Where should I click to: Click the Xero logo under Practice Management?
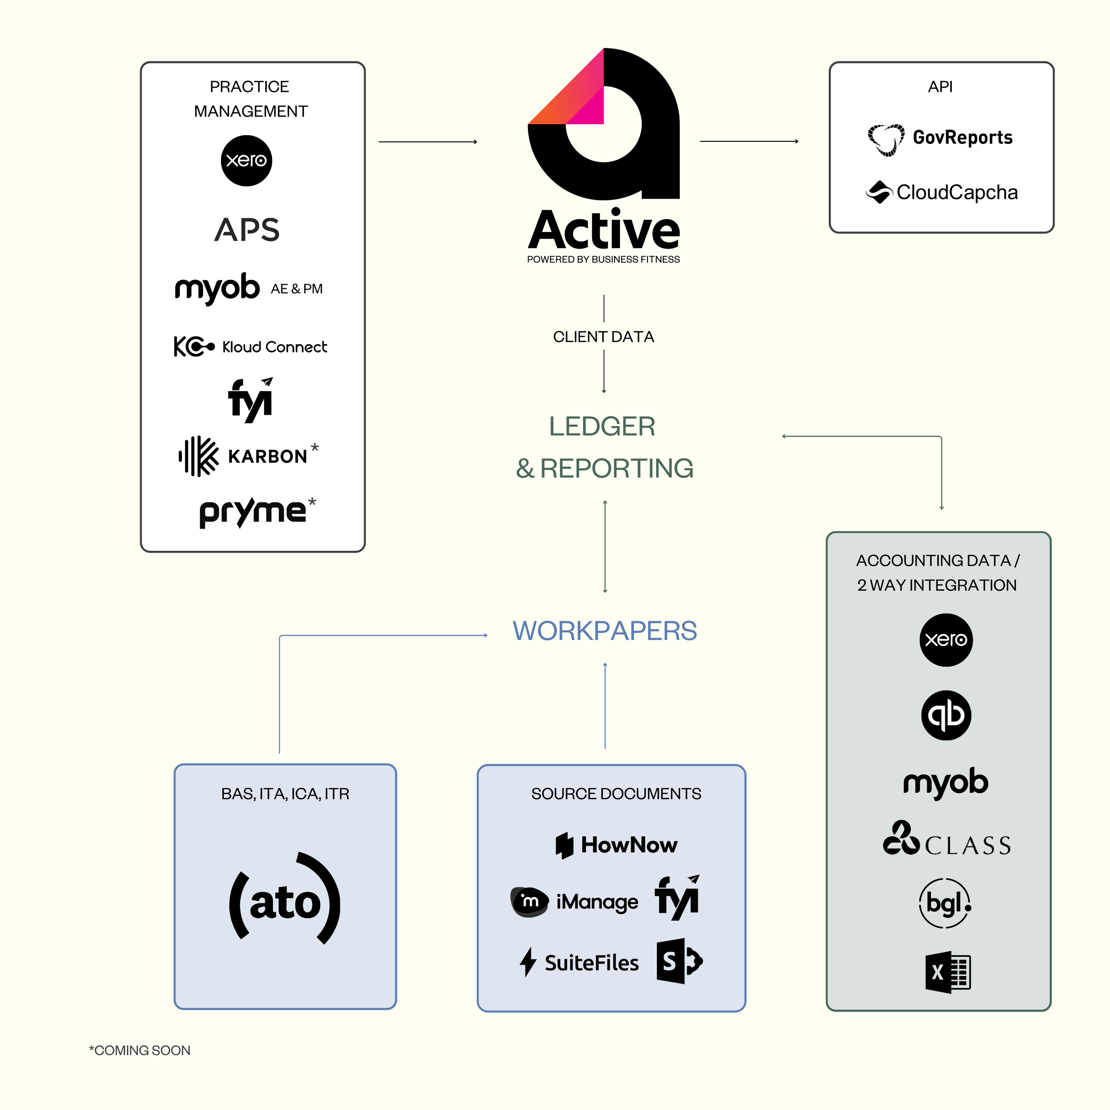click(247, 161)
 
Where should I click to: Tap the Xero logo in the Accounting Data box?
click(946, 640)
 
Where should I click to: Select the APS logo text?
click(247, 230)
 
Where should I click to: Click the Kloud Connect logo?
click(250, 347)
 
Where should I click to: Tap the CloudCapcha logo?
click(942, 193)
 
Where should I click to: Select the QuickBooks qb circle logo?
click(946, 715)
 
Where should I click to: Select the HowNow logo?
click(616, 845)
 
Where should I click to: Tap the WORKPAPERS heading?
click(604, 631)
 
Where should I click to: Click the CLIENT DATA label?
click(603, 337)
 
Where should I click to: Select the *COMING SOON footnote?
click(139, 1050)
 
